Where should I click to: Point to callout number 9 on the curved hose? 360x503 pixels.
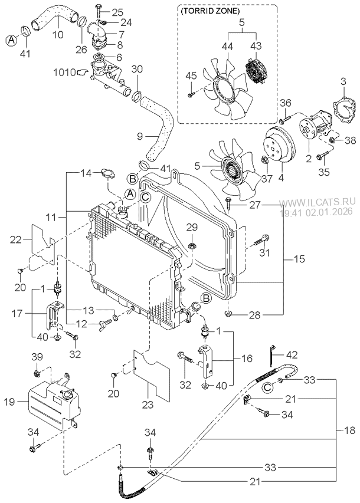[140, 136]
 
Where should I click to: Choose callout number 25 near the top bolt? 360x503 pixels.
[117, 12]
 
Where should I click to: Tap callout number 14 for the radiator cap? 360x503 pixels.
[86, 173]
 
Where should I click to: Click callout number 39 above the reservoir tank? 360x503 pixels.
[37, 357]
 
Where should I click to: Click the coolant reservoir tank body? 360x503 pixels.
[50, 407]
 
